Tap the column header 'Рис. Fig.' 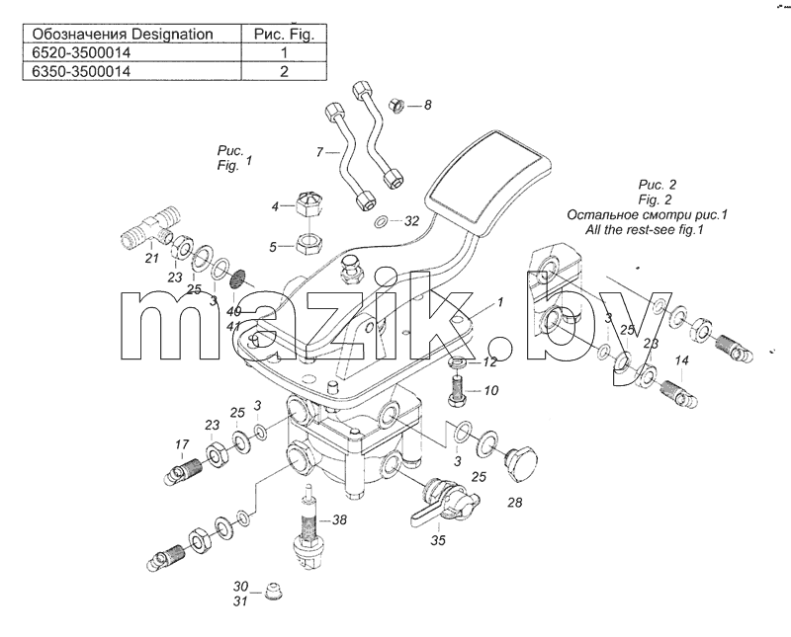[284, 34]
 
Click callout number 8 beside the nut [428, 105]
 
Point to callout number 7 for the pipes [318, 151]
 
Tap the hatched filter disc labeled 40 [237, 279]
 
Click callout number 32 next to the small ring [411, 221]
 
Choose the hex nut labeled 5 [308, 245]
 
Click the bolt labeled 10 [458, 391]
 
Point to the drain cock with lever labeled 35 [445, 502]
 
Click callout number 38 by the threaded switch [339, 519]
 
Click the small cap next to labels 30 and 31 [271, 592]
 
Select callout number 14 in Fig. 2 [681, 360]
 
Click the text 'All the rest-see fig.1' [645, 230]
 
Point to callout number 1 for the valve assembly [500, 302]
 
